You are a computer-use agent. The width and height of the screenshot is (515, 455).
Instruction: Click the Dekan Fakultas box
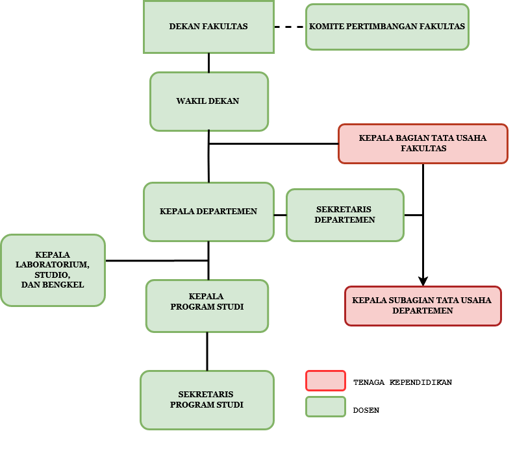pyautogui.click(x=208, y=27)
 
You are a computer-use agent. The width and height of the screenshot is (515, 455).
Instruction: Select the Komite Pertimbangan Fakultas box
pyautogui.click(x=387, y=27)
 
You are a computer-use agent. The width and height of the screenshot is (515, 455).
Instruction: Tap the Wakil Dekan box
pyautogui.click(x=208, y=101)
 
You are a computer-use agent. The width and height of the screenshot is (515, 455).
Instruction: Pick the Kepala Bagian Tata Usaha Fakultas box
pyautogui.click(x=423, y=143)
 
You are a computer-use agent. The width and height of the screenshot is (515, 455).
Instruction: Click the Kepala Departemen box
pyautogui.click(x=208, y=212)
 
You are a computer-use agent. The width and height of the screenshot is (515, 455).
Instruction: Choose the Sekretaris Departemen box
pyautogui.click(x=345, y=215)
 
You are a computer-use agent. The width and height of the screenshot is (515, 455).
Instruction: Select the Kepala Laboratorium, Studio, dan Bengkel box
pyautogui.click(x=53, y=270)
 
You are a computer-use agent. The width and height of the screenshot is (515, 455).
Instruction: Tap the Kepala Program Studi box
pyautogui.click(x=207, y=306)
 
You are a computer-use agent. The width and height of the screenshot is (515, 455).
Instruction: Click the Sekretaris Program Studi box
pyautogui.click(x=207, y=400)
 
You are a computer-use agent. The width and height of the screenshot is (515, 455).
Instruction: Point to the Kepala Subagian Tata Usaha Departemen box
pyautogui.click(x=423, y=306)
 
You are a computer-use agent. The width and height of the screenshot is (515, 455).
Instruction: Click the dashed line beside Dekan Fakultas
pyautogui.click(x=289, y=27)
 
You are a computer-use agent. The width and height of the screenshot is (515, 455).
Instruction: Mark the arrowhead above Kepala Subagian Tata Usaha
pyautogui.click(x=423, y=281)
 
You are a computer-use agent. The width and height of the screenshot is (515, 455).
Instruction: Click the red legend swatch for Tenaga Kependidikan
pyautogui.click(x=325, y=381)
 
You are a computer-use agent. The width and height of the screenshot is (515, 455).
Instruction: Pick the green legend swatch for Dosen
pyautogui.click(x=325, y=407)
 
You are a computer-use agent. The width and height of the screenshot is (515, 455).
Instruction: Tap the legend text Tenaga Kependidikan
pyautogui.click(x=402, y=382)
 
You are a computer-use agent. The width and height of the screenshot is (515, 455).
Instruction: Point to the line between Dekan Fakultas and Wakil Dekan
pyautogui.click(x=208, y=62)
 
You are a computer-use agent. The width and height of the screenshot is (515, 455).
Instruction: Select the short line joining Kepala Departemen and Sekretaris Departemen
pyautogui.click(x=280, y=215)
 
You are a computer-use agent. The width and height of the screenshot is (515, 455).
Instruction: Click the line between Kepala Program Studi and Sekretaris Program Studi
pyautogui.click(x=207, y=351)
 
